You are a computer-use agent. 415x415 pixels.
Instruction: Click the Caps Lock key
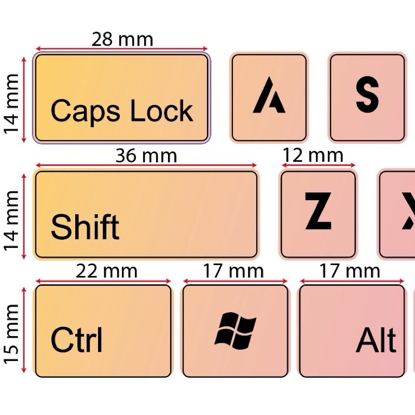click(x=121, y=98)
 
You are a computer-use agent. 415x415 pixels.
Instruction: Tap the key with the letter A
click(x=269, y=98)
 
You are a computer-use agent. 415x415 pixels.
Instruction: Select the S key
click(x=367, y=98)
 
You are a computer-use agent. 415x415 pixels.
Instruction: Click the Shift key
click(x=146, y=214)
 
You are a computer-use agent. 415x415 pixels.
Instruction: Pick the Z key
click(x=318, y=214)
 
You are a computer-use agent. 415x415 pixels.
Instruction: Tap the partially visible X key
click(x=399, y=214)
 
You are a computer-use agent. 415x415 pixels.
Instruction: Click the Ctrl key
click(x=103, y=331)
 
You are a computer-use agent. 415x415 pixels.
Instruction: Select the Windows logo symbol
click(x=236, y=331)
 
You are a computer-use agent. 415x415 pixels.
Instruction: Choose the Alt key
click(x=352, y=331)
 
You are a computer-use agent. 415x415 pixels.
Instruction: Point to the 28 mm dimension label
click(x=122, y=39)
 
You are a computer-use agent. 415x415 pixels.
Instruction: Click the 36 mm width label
click(x=146, y=156)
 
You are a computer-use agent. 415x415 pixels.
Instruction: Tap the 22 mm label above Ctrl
click(x=106, y=271)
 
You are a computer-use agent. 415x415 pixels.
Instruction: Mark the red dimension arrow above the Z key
click(x=318, y=167)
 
